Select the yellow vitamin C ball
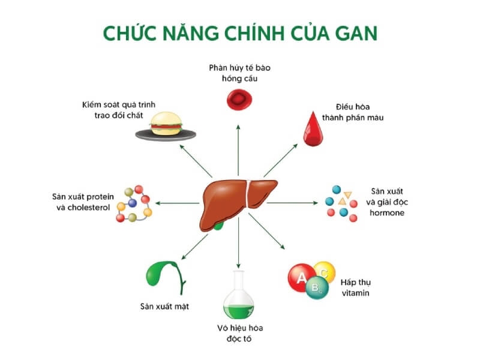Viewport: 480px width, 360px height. click(x=325, y=271)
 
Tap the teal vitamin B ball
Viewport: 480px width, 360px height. click(x=316, y=289)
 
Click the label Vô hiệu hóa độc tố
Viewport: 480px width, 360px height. click(x=240, y=334)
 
